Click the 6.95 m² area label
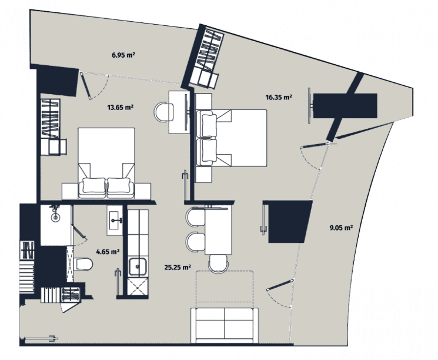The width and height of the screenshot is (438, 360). [123, 55]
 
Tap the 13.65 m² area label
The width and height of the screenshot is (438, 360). [120, 107]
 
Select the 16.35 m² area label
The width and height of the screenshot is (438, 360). [279, 97]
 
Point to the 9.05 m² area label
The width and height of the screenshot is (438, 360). [341, 228]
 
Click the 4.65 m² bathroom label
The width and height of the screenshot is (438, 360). [108, 252]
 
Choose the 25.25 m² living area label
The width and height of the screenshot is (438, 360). [178, 267]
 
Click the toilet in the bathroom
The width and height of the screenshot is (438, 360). [83, 264]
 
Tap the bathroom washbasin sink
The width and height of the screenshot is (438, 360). [115, 220]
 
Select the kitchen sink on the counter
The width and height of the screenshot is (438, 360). [138, 266]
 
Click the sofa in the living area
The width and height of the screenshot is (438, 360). [225, 325]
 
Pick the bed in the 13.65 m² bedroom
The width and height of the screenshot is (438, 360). [106, 163]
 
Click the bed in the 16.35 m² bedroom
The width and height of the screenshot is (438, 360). [232, 138]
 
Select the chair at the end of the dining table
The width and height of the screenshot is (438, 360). [219, 263]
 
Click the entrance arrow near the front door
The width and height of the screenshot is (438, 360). [41, 338]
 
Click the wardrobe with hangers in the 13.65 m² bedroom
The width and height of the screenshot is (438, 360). [51, 118]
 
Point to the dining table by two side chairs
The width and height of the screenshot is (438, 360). [219, 230]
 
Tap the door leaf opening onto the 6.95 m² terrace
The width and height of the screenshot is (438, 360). [86, 86]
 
